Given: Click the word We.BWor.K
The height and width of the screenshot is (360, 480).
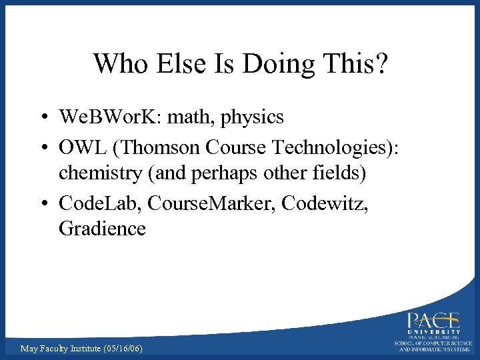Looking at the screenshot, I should point(109,117).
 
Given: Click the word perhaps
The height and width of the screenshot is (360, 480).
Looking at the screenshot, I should point(223,175).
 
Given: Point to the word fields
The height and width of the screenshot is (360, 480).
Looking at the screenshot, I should point(335,173).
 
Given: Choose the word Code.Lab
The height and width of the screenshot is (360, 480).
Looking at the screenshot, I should point(99,201).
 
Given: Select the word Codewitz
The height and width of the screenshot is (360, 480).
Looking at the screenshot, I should point(325,201).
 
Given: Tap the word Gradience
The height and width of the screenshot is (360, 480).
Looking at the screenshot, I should point(102,229).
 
